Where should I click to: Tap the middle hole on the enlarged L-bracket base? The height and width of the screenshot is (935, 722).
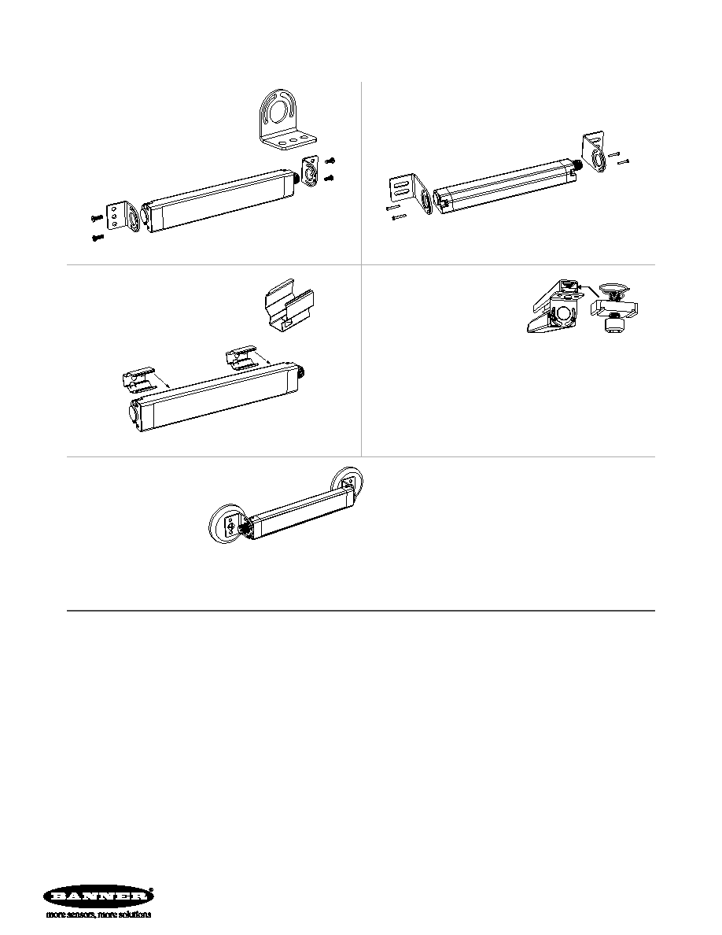click(x=292, y=141)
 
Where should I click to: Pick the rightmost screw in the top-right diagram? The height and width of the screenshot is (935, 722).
click(x=623, y=161)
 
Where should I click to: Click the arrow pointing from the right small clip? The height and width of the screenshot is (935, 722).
click(x=262, y=357)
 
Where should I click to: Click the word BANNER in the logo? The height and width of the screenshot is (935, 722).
click(x=97, y=896)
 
